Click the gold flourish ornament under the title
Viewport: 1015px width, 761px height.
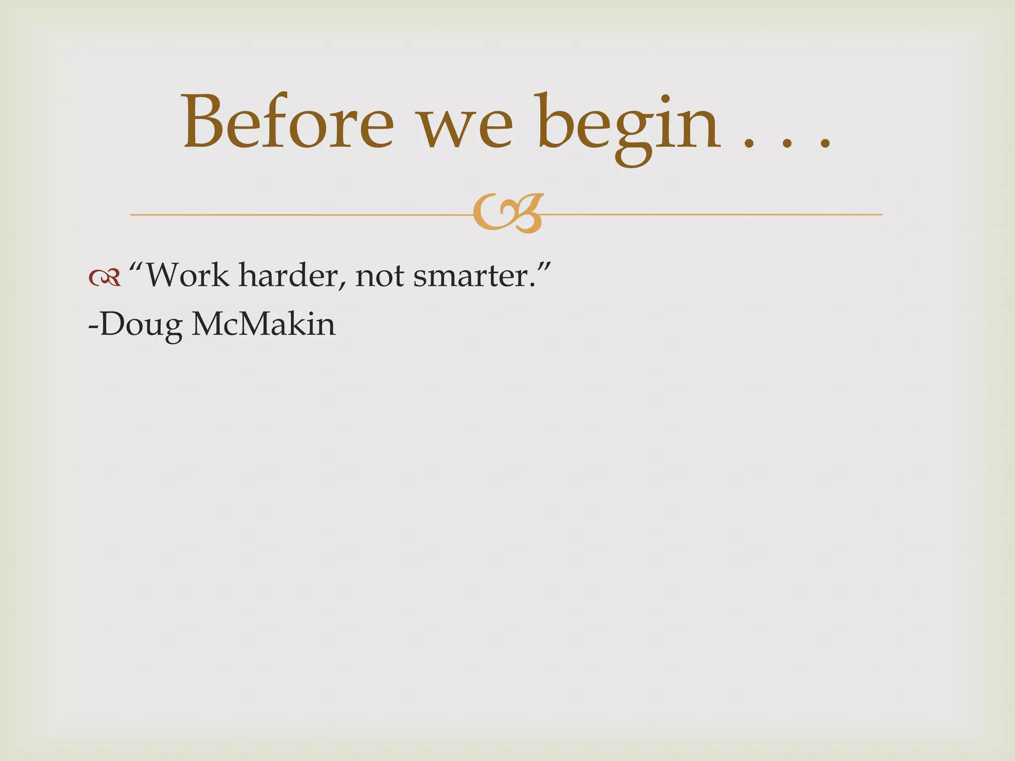pos(508,213)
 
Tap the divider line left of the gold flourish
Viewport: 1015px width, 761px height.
pos(297,215)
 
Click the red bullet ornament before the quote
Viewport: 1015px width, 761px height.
pos(105,277)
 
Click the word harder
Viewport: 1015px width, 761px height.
pos(290,275)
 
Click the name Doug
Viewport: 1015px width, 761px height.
pos(141,326)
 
